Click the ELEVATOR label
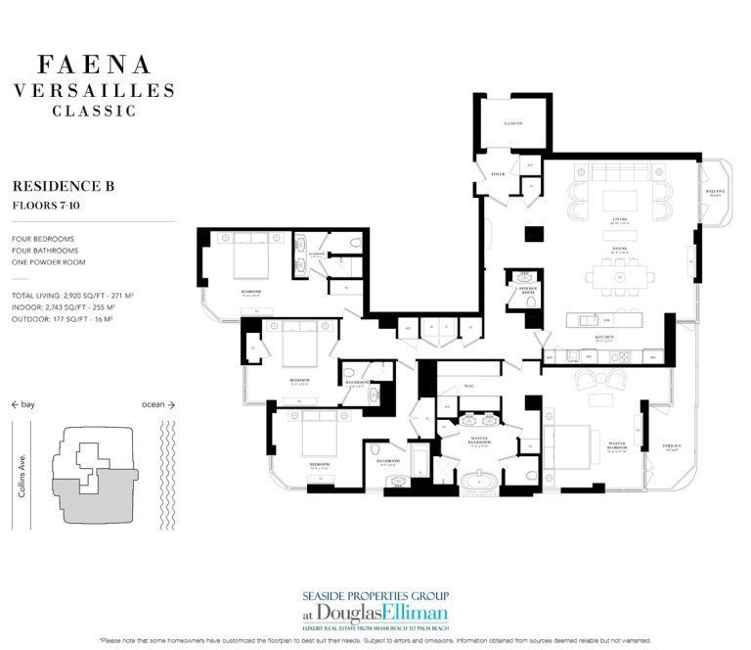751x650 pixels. pyautogui.click(x=514, y=123)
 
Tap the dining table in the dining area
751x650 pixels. pyautogui.click(x=620, y=277)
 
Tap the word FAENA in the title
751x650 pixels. pyautogui.click(x=94, y=66)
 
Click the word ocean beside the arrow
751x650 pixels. pyautogui.click(x=153, y=403)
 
